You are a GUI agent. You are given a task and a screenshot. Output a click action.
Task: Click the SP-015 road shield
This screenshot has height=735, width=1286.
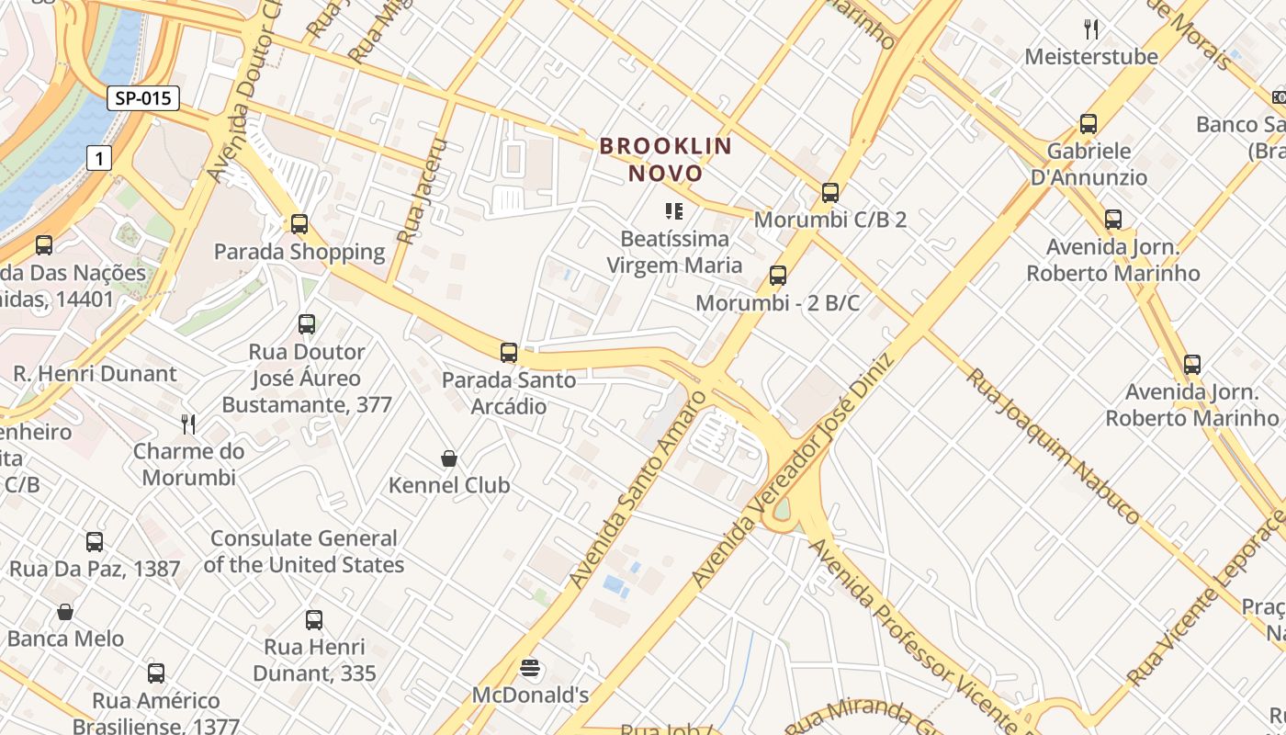142,98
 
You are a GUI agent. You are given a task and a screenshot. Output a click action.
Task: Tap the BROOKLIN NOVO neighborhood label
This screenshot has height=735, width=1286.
666,159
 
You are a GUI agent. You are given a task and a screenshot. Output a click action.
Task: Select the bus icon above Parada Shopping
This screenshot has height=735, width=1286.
299,223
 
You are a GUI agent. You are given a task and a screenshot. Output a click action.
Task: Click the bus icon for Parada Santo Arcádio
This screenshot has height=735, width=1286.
508,352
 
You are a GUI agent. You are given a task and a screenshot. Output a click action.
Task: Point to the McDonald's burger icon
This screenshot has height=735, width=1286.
529,667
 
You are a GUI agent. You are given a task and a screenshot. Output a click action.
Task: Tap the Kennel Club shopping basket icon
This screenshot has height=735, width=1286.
449,458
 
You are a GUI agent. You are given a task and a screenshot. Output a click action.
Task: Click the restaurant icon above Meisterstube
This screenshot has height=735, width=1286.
1091,28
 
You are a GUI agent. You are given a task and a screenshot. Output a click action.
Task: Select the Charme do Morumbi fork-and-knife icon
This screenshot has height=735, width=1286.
188,424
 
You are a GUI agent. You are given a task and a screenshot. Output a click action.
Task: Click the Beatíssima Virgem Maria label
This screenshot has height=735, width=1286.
674,252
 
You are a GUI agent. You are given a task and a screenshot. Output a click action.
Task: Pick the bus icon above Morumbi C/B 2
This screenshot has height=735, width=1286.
830,192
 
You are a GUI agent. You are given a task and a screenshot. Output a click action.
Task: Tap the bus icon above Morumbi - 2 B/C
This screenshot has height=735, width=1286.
778,275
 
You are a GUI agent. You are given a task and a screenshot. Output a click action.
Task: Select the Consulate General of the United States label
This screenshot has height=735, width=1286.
303,551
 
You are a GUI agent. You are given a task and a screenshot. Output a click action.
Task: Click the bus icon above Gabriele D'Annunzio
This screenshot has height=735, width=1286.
1089,123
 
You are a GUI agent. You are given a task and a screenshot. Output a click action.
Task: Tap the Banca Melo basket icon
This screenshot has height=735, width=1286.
65,611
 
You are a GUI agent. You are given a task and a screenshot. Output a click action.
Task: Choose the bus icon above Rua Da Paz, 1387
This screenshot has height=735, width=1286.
95,541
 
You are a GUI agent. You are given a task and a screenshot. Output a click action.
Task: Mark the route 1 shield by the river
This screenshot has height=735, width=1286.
99,159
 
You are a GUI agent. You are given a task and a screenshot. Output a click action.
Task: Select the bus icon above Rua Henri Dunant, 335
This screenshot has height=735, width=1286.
314,619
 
